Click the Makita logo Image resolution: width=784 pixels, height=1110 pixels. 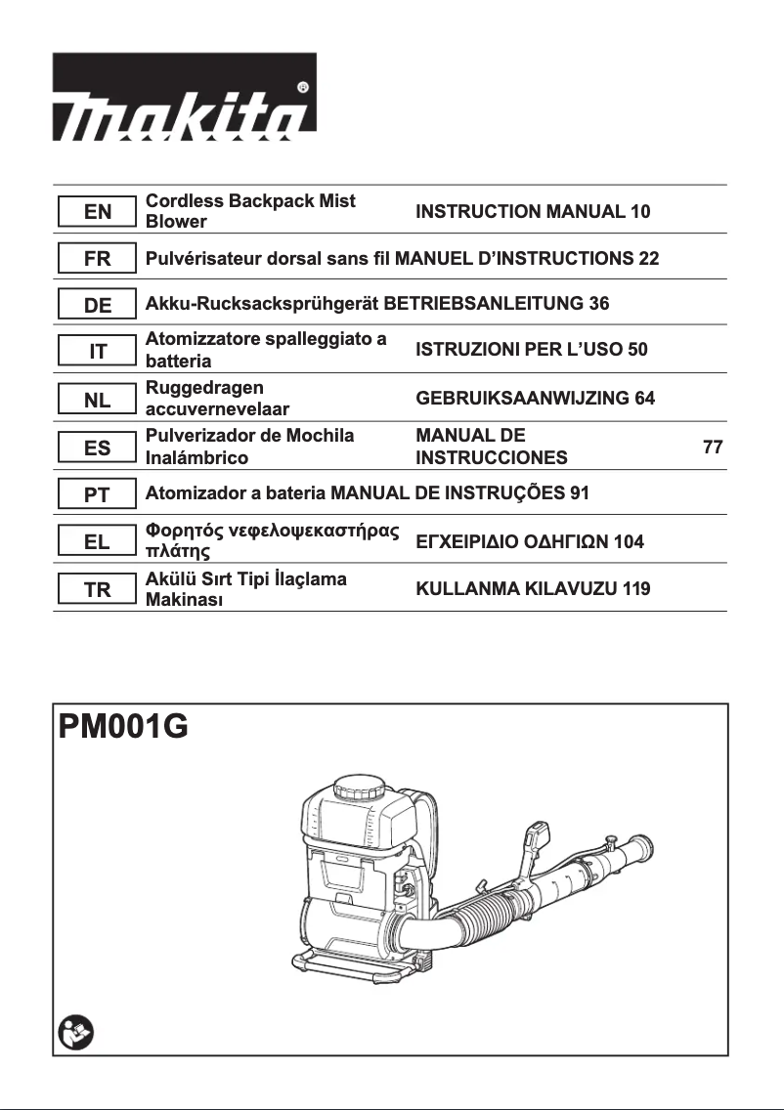(184, 97)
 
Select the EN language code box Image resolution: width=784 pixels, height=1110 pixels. (97, 211)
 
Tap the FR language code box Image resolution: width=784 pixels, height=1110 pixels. (97, 260)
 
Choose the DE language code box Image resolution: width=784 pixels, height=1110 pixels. (97, 305)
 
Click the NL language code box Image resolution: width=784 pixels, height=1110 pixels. (97, 400)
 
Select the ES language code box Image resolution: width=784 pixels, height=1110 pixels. (97, 448)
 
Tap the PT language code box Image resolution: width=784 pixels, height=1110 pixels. (97, 494)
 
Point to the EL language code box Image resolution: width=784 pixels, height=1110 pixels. (97, 541)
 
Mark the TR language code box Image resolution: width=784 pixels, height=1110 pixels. (97, 589)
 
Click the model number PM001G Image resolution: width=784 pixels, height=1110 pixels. (123, 728)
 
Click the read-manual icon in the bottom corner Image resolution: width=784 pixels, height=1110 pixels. (73, 1032)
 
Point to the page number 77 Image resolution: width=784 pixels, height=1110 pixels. (713, 448)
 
